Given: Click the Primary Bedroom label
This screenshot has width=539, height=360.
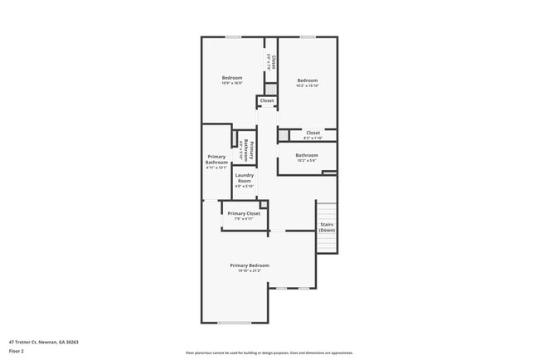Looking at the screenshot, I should click(x=250, y=265).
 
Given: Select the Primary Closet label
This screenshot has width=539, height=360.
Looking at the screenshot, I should click(x=244, y=213).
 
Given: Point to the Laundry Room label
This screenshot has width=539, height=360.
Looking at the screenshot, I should click(x=244, y=178).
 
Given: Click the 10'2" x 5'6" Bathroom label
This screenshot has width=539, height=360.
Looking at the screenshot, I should click(x=307, y=155).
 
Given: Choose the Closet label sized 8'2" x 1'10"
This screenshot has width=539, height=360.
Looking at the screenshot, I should click(x=313, y=133).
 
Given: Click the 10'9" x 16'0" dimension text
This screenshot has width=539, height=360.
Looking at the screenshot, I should click(x=231, y=83).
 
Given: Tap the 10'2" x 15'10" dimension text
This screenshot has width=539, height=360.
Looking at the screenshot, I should click(x=308, y=85).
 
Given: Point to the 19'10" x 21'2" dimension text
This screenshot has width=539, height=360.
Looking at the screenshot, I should click(x=250, y=270).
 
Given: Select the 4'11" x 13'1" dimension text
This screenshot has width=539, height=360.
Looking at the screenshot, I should click(x=216, y=168).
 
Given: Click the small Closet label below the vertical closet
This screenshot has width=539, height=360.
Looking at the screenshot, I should click(x=267, y=101).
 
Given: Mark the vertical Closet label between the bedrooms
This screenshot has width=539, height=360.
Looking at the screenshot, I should click(x=270, y=61).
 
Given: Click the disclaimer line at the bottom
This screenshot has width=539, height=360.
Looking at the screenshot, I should click(x=269, y=353).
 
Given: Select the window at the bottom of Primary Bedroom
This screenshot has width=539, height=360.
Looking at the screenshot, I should click(x=234, y=323).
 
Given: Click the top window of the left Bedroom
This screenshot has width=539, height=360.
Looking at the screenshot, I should click(x=234, y=36).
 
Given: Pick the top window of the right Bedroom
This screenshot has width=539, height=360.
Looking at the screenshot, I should click(x=308, y=36).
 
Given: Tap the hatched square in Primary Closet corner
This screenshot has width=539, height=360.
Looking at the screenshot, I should click(x=264, y=204).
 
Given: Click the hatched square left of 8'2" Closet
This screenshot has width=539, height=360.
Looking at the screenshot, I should click(x=284, y=134).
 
